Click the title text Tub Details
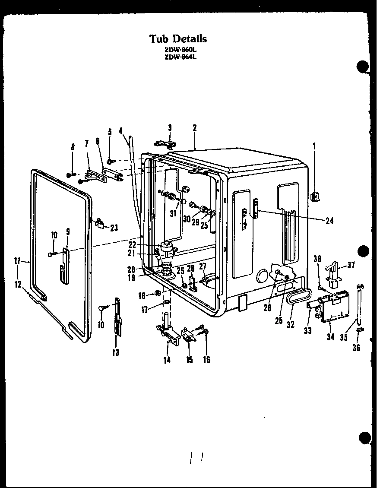(178, 38)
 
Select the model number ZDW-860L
(178, 49)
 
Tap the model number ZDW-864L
(178, 56)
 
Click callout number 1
(314, 146)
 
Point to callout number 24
(329, 221)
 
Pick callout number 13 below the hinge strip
(116, 352)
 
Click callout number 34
(331, 336)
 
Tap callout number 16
(206, 359)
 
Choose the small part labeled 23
(100, 222)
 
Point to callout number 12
(18, 284)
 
